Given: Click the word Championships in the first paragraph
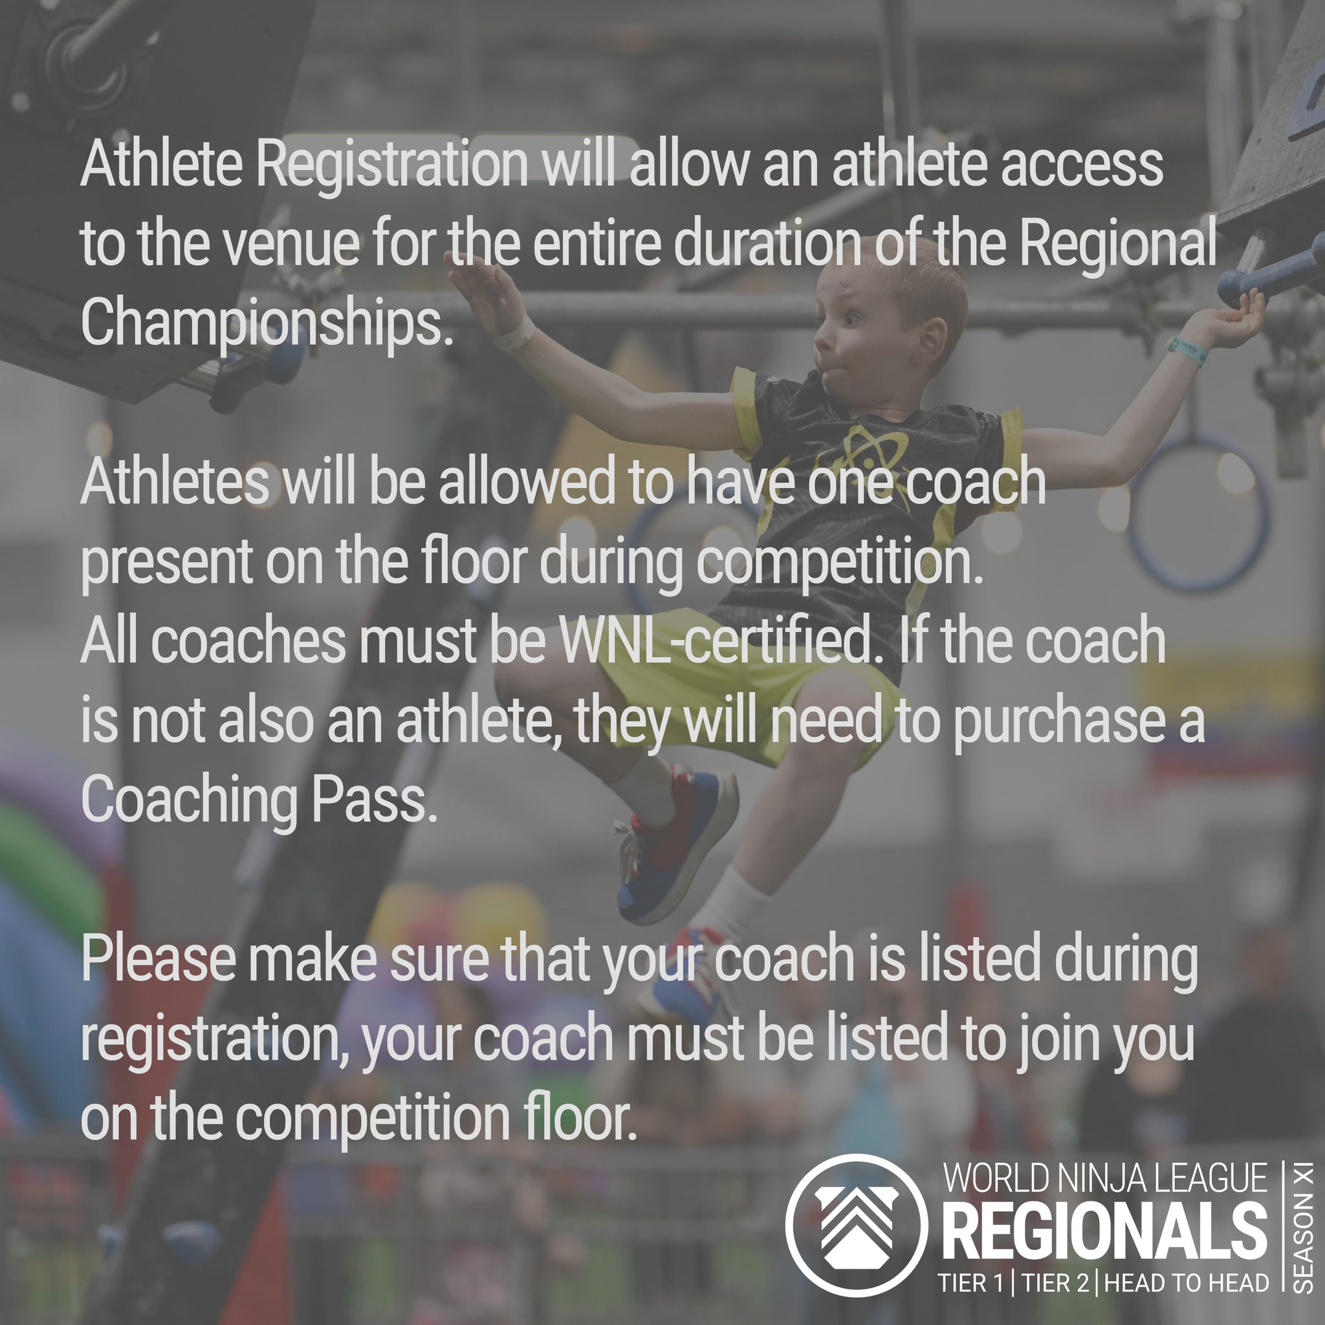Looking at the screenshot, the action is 267,324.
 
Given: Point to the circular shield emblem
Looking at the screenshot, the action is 856,1225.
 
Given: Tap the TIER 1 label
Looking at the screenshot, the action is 972,1283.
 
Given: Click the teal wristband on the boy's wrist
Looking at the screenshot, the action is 1187,351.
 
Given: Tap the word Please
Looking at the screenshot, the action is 159,960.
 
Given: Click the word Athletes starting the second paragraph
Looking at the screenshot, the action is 175,483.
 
